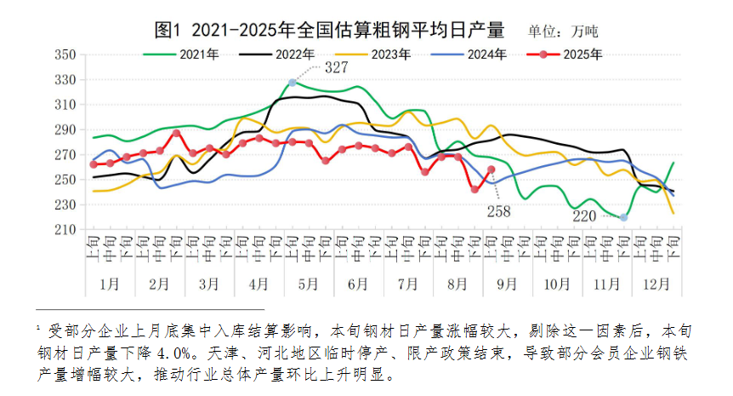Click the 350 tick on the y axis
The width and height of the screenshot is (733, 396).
tap(65, 55)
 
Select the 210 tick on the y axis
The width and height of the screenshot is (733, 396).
tap(65, 230)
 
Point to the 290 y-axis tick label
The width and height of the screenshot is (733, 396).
tap(65, 129)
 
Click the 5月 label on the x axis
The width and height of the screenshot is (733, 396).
tap(309, 282)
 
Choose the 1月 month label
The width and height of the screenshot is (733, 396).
tap(111, 282)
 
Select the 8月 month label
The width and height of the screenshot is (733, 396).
tap(457, 282)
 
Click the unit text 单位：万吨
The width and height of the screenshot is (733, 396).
tap(562, 32)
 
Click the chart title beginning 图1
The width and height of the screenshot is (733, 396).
tap(330, 31)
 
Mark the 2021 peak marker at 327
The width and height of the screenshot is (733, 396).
tap(292, 83)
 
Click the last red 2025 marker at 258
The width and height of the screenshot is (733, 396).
tap(491, 169)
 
